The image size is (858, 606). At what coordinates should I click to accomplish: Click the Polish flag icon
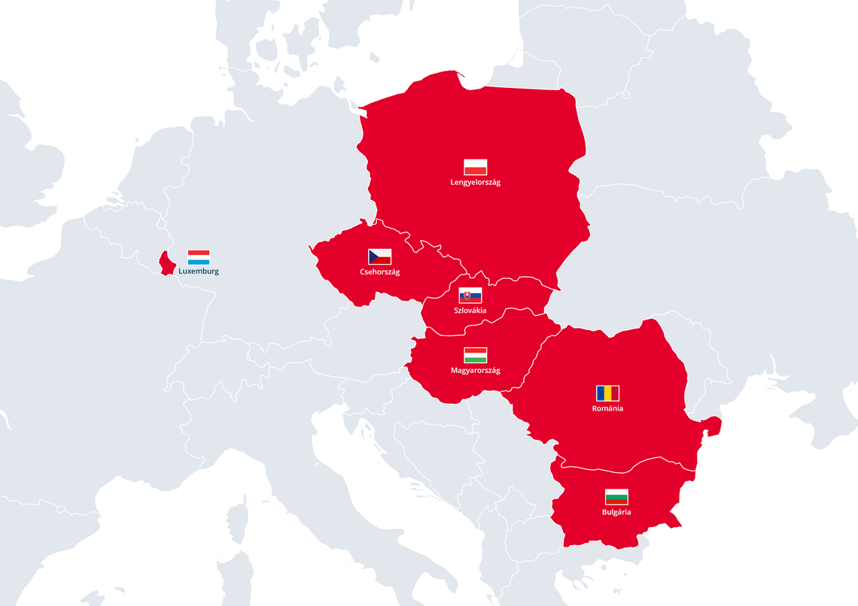click(475, 167)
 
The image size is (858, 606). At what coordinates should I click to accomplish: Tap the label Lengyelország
click(475, 183)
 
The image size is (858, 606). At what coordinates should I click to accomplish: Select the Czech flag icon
click(379, 257)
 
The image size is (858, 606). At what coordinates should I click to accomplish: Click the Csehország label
click(379, 272)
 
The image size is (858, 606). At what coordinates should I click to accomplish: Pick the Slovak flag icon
click(470, 295)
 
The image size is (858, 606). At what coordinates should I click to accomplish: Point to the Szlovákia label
click(470, 311)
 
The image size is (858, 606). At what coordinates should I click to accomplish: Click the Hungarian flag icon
click(475, 355)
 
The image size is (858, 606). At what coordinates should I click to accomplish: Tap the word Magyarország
click(475, 370)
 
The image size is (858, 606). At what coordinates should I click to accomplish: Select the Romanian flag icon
click(607, 393)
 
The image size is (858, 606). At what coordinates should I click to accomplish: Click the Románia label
click(607, 409)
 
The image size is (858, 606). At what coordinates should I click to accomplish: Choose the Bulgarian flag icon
click(616, 497)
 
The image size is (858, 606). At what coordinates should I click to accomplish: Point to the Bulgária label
click(616, 512)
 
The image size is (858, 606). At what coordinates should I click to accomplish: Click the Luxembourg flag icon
click(199, 257)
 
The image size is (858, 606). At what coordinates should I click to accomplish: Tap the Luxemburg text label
click(199, 271)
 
